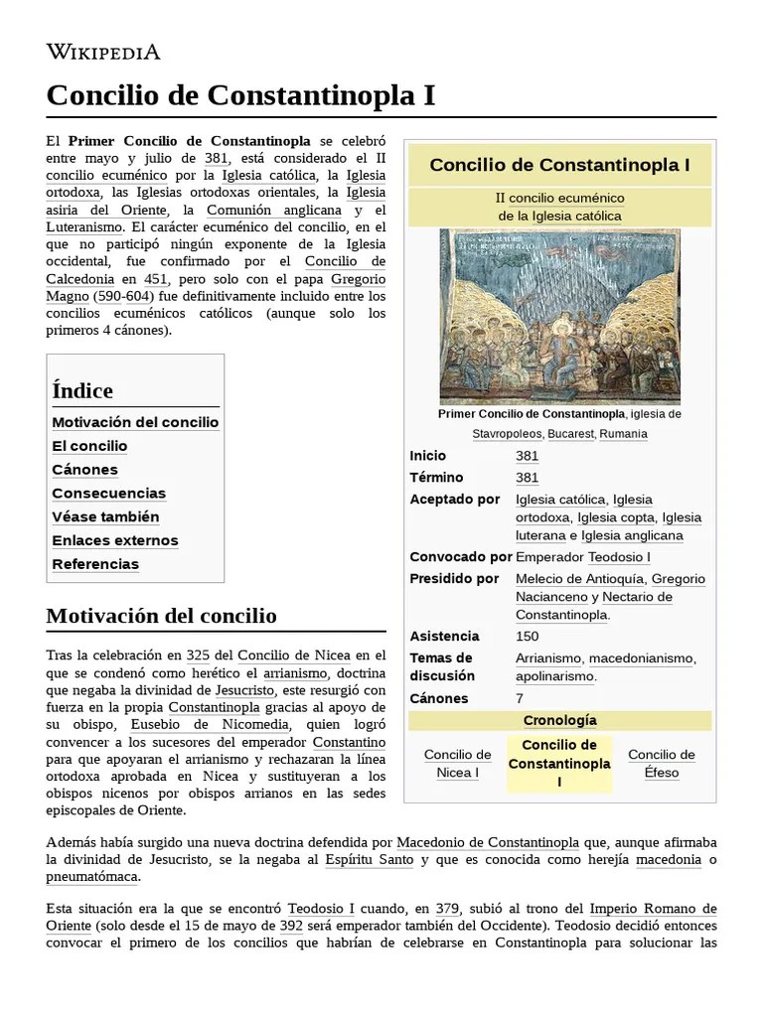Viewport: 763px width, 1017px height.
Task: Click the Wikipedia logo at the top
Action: click(x=103, y=52)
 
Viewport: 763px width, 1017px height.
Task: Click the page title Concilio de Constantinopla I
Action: click(x=240, y=95)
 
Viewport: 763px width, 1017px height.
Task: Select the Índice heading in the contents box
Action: click(x=82, y=390)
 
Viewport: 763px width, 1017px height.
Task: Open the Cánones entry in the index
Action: click(x=84, y=470)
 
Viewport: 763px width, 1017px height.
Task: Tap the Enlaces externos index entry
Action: click(x=114, y=540)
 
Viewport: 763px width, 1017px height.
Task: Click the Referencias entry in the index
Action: click(x=95, y=564)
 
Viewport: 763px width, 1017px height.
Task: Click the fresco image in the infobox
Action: click(x=559, y=316)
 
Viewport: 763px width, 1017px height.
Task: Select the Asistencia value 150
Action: click(x=528, y=636)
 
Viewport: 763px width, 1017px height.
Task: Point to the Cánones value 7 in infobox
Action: click(x=520, y=698)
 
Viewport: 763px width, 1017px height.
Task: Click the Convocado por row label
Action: click(x=460, y=557)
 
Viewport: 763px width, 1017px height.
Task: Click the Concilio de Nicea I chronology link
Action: click(x=457, y=763)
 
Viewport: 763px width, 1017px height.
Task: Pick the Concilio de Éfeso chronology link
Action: click(x=661, y=763)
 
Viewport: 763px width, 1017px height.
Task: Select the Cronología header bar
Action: click(x=559, y=720)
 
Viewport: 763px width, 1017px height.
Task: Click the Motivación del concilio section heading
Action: click(x=161, y=616)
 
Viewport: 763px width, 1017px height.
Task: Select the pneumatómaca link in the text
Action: click(x=92, y=877)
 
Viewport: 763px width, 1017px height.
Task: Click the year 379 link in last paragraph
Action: click(x=448, y=909)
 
